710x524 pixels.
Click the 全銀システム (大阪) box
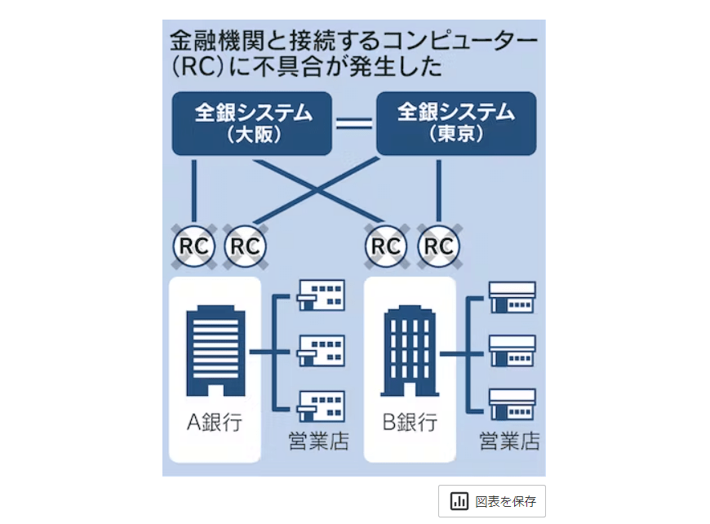pos(251,122)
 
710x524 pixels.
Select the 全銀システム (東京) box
pos(455,122)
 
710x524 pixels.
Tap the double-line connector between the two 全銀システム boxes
pos(353,124)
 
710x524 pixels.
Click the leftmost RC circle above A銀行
pos(194,245)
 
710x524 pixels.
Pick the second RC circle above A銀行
pos(245,245)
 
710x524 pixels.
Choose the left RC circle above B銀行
pos(387,245)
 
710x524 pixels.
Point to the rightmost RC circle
pos(438,245)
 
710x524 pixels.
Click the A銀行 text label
pos(215,422)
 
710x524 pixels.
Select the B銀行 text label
pos(409,422)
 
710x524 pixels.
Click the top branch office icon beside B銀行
pos(512,297)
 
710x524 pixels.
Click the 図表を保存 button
pos(491,501)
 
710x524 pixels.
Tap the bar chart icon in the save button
pos(459,501)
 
